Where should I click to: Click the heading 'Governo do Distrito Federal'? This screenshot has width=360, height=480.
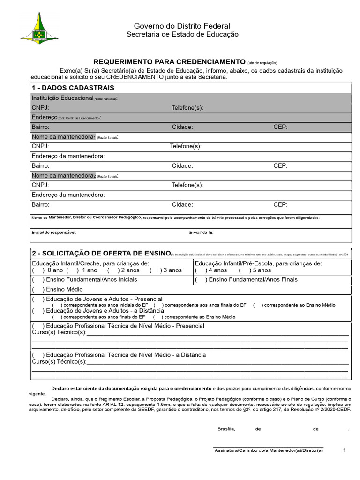click(x=182, y=26)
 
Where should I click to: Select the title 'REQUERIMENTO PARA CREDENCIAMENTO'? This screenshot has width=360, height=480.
click(x=170, y=62)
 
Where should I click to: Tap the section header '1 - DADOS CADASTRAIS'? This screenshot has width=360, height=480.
click(x=73, y=88)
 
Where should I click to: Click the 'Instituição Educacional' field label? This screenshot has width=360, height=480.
click(x=62, y=98)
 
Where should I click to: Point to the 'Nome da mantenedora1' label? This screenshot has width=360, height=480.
click(x=63, y=137)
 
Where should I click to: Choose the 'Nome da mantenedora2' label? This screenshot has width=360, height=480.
click(x=63, y=175)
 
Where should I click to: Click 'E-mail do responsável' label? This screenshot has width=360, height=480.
click(x=54, y=232)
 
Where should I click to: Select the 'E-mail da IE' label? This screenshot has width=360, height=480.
click(x=201, y=232)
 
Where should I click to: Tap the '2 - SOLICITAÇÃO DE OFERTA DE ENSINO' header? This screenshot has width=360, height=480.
click(x=101, y=253)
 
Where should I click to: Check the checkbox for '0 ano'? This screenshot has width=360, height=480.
click(x=37, y=270)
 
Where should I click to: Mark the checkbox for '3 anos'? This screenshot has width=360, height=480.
click(x=155, y=270)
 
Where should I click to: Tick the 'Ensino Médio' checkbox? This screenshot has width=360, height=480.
click(x=37, y=290)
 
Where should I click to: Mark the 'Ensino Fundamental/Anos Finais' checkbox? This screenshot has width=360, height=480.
click(x=200, y=280)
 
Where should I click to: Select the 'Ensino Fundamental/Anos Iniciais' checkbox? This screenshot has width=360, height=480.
click(x=37, y=280)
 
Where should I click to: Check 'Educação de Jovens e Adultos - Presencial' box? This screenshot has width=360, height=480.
click(x=37, y=299)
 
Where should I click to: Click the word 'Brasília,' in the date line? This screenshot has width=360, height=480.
click(x=226, y=429)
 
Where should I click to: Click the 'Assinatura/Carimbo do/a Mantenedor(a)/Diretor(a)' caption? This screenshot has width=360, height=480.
click(x=269, y=450)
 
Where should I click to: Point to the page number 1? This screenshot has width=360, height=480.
click(x=344, y=450)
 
